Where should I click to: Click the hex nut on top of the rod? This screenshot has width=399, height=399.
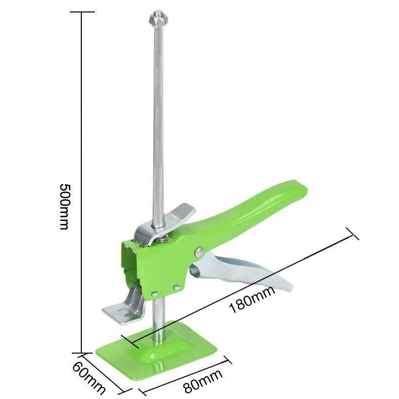click(158, 19)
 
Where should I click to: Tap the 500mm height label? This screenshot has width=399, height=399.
click(65, 206)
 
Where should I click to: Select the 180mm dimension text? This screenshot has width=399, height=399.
click(252, 302)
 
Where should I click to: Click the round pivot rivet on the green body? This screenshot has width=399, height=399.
click(199, 251)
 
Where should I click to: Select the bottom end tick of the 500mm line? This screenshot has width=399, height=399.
click(81, 352)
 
